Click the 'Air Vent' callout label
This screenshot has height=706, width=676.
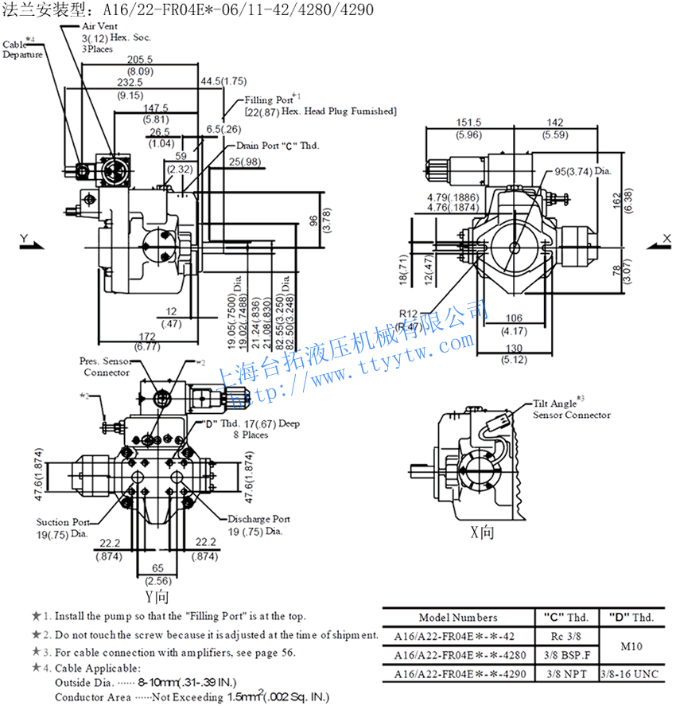[x=101, y=26]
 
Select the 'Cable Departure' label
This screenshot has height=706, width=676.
[x=22, y=49]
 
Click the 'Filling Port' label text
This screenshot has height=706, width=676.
[x=270, y=100]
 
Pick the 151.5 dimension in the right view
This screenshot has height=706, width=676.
[x=468, y=123]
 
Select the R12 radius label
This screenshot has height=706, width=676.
[x=409, y=314]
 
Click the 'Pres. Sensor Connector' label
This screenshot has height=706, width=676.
[x=106, y=367]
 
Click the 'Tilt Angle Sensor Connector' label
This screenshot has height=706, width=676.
[x=571, y=409]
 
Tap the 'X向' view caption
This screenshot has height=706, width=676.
[x=482, y=532]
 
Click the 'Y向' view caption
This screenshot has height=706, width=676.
[x=157, y=596]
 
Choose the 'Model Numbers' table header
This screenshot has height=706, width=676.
[x=458, y=617]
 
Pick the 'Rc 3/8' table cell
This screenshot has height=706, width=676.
[x=565, y=636]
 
